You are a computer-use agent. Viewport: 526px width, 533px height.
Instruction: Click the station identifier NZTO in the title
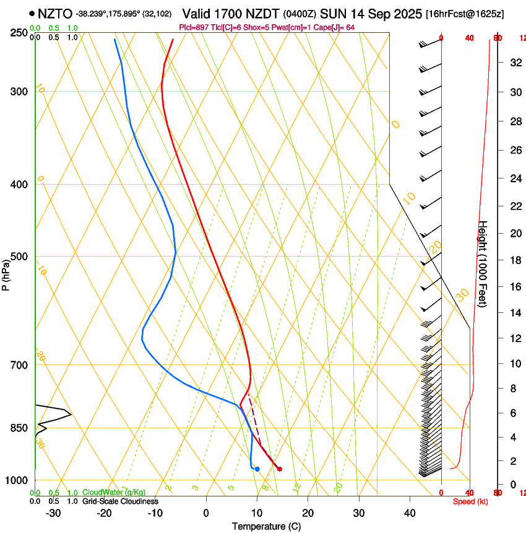coord(54,13)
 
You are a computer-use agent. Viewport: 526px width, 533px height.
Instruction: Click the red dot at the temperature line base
coord(280,469)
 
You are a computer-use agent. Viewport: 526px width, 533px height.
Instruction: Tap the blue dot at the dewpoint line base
coord(257,469)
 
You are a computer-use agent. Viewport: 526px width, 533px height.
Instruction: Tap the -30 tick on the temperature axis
coord(53,513)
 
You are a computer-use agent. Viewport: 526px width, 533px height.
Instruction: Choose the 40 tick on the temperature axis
coord(410,513)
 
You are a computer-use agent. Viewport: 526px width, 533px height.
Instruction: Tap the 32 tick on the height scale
coord(514,62)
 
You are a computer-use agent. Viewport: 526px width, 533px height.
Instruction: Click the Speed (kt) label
coord(470,501)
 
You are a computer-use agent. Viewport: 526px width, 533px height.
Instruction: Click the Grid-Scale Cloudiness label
coord(120,501)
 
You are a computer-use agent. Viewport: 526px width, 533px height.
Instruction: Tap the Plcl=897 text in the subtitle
coord(193,27)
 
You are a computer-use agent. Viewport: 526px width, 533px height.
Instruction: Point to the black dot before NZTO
coord(31,13)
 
